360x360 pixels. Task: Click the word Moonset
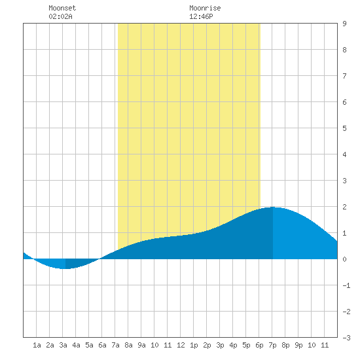[62, 8]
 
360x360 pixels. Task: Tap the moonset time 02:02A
[60, 16]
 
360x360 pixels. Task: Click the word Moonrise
[205, 8]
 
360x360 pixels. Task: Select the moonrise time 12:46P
[201, 16]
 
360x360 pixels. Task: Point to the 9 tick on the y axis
[344, 24]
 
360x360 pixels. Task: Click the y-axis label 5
[344, 128]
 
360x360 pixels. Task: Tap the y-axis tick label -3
[346, 338]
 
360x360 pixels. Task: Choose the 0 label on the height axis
[344, 259]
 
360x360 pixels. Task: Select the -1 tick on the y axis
[346, 285]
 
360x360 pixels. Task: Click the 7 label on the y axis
[344, 76]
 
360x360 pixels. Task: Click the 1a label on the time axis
[37, 345]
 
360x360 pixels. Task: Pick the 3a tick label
[63, 345]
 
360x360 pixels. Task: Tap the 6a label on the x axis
[102, 345]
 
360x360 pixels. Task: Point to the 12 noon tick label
[181, 345]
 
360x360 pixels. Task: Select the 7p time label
[272, 345]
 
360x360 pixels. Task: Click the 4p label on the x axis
[233, 345]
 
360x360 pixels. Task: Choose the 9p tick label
[298, 345]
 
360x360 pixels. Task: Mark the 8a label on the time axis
[128, 345]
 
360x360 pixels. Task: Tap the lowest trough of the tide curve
[65, 268]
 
